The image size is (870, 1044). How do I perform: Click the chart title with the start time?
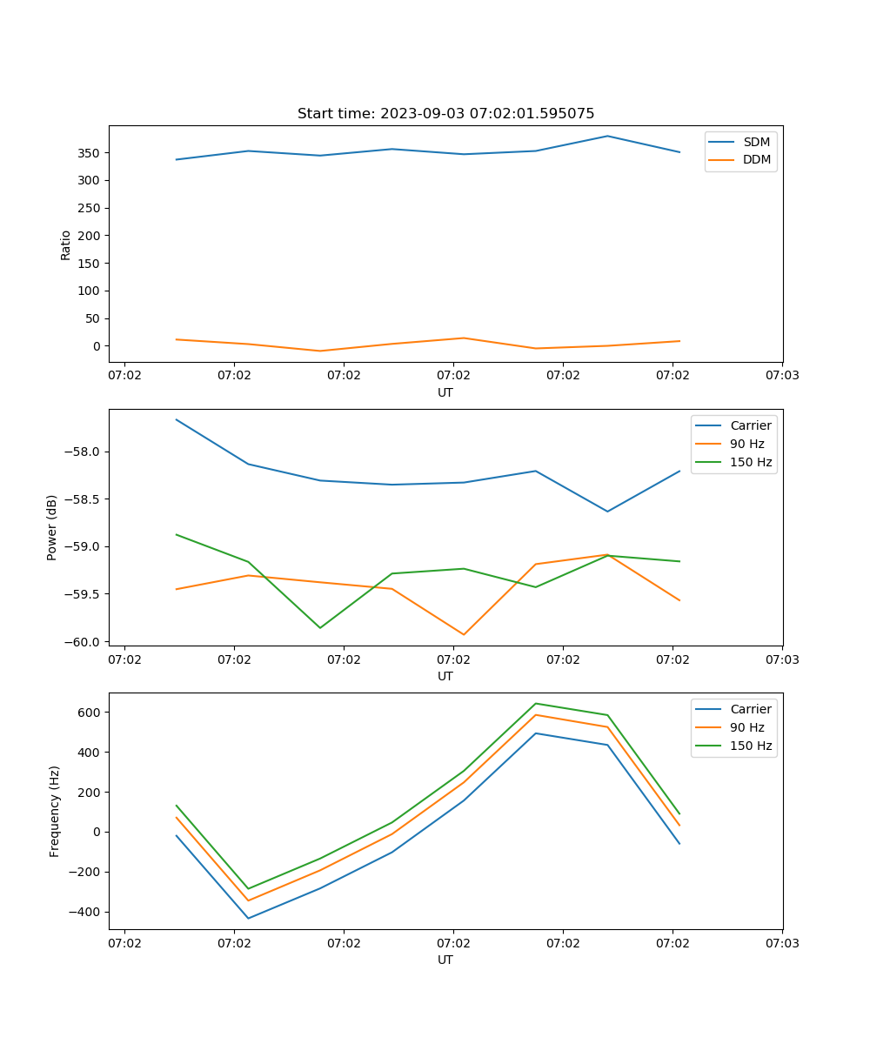(x=445, y=114)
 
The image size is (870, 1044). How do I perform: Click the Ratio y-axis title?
(x=66, y=244)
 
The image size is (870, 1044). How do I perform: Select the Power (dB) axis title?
(x=52, y=527)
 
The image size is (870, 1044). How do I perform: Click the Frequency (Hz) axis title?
(x=55, y=811)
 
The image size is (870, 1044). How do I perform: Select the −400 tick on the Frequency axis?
(x=87, y=912)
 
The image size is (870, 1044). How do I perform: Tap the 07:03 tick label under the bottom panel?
(x=781, y=942)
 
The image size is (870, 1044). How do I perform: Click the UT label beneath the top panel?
(x=445, y=392)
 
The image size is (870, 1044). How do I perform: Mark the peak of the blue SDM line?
(x=607, y=136)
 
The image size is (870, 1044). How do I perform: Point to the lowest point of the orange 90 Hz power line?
(x=464, y=634)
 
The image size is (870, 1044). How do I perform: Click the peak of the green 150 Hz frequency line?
(x=535, y=703)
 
